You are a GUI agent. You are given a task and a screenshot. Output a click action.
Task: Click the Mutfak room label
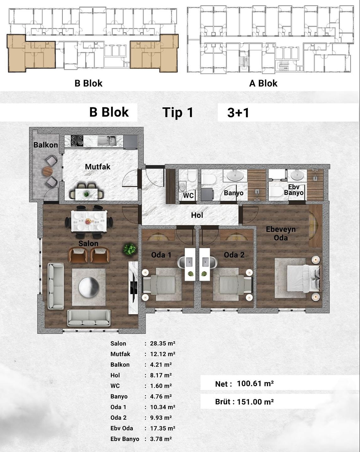tap(98, 167)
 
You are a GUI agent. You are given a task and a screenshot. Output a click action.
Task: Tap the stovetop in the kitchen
tap(77, 141)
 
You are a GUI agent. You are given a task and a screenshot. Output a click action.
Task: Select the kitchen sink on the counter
tap(107, 141)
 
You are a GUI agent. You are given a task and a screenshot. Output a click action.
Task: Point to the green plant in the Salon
tap(130, 249)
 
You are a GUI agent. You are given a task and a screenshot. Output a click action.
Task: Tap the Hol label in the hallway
tap(197, 215)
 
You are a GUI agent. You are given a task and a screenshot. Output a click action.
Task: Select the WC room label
tap(188, 196)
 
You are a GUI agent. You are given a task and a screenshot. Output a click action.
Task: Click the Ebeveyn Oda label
tap(281, 233)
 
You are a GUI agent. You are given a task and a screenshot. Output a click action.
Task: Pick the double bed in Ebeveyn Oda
tap(304, 278)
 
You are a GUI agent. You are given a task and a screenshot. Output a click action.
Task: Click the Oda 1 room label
tap(161, 255)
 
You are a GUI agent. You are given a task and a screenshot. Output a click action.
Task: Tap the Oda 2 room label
tap(234, 255)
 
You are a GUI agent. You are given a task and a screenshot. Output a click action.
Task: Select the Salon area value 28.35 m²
tap(163, 343)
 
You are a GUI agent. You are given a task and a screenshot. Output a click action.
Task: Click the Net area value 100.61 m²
tap(255, 384)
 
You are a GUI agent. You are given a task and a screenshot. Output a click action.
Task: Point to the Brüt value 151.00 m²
tap(255, 402)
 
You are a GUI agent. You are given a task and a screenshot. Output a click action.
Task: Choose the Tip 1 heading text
tap(178, 113)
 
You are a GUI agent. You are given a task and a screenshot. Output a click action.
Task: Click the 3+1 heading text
tap(238, 113)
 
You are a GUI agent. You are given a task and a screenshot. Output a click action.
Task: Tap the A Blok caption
tap(263, 83)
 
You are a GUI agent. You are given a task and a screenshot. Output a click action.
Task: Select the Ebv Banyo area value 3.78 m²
tap(161, 439)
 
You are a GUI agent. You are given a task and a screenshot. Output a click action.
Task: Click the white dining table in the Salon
tap(89, 221)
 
